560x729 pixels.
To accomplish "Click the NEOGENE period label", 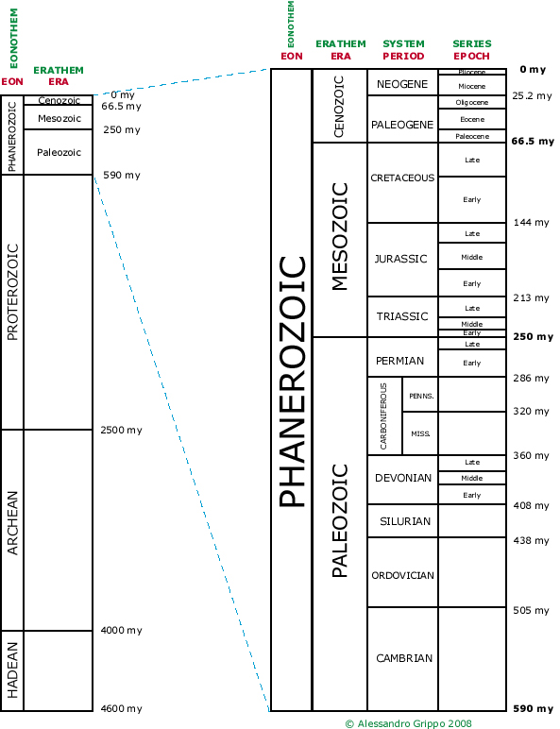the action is pos(402,84).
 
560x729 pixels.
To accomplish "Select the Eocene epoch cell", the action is pos(472,119).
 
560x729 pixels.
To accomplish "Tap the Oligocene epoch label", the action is pos(472,102).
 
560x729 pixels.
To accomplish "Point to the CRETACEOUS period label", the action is pos(403,178).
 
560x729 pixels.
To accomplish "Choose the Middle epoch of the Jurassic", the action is pos(472,257).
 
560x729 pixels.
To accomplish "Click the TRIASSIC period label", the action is pos(402,316).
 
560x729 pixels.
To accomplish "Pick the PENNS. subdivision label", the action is pos(421,396).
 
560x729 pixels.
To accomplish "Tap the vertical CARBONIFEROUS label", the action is pos(383,416).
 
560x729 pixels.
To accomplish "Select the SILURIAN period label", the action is pos(405,521).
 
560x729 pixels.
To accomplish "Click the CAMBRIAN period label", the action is pos(404,658).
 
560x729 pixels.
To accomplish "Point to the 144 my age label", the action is pos(531,222).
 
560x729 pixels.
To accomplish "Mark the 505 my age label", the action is pos(531,610).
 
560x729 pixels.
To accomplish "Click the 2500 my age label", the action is pos(122,430).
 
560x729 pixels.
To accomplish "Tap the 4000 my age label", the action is pos(122,631).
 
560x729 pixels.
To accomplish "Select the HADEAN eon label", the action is pos(12,670).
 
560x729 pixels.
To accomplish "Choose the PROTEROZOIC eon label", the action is pos(12,292).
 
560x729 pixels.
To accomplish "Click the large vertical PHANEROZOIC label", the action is pos(292,381).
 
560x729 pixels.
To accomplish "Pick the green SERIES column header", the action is pos(472,43).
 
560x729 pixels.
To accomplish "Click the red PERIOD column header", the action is pos(403,56).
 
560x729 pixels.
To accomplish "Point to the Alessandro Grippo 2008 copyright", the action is pos(408,723).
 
